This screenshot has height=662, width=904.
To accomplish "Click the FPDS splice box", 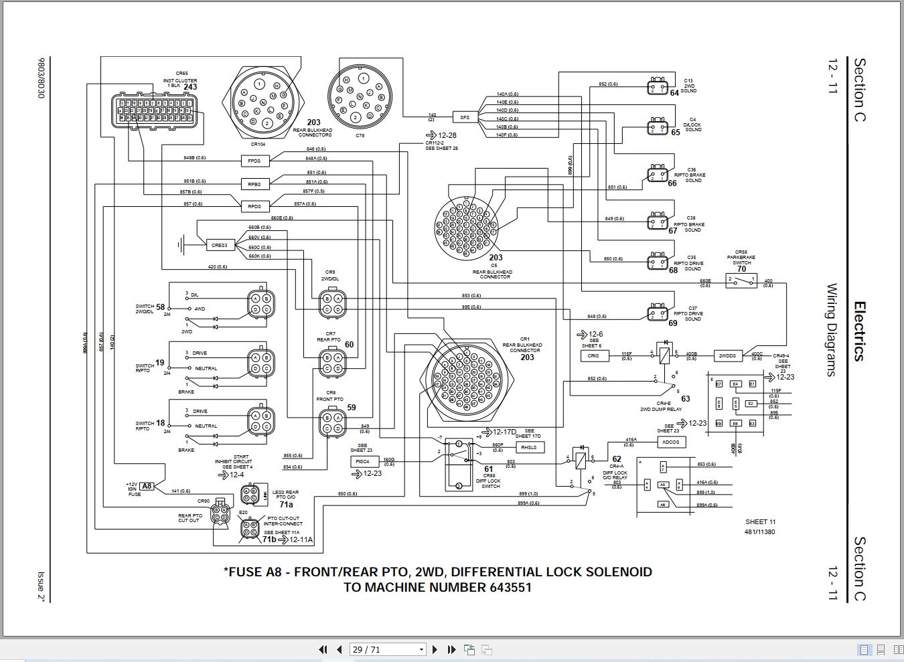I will point(254,161).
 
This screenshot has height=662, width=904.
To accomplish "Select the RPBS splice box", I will point(254,183).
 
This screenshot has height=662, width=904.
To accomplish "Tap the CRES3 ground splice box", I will point(220,246).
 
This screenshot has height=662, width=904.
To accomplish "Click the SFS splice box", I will point(464,117).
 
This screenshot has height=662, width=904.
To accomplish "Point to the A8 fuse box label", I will point(147,487).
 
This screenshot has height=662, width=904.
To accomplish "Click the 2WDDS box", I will point(728,356).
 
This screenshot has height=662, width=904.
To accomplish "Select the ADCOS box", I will point(670,442).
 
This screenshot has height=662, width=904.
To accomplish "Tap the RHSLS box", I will point(528,447).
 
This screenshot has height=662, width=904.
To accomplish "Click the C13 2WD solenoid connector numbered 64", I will point(657,86).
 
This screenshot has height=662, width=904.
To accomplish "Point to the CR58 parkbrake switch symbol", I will point(741,281).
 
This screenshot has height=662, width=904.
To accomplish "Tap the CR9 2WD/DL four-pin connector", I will point(333,303).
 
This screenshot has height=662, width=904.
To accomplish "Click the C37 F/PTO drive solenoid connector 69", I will point(657,313).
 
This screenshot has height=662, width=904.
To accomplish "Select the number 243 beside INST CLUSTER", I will point(190,87).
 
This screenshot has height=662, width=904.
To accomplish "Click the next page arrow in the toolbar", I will point(435,649).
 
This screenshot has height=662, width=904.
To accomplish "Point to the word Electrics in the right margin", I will point(859,331).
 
